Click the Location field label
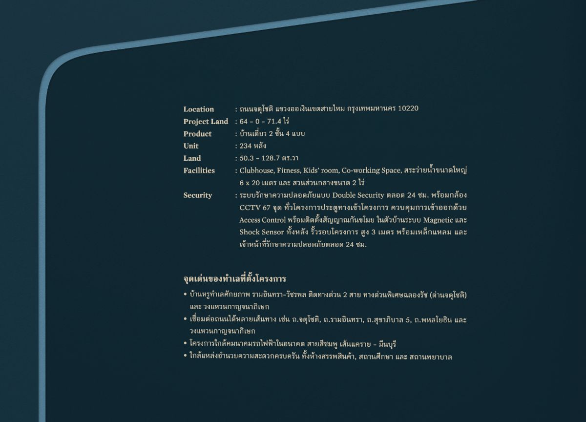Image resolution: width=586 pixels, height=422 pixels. [x=198, y=109]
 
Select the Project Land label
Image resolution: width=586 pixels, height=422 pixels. [x=206, y=121]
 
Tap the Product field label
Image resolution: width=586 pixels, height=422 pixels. [x=197, y=134]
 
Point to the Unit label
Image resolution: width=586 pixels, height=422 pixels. [x=191, y=146]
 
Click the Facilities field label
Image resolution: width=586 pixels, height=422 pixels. [x=199, y=170]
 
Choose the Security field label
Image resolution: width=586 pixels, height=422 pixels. [x=197, y=195]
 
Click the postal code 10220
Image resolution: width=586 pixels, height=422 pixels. [x=408, y=108]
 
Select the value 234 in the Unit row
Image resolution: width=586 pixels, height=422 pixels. [x=245, y=146]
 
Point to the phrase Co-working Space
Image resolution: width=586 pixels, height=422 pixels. [x=371, y=170]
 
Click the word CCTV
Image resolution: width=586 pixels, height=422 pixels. [x=249, y=208]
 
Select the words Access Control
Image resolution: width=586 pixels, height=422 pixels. [x=262, y=220]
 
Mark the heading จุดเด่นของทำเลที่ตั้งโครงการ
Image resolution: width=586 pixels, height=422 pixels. [x=234, y=279]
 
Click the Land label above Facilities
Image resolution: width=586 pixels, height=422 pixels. [x=192, y=158]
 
